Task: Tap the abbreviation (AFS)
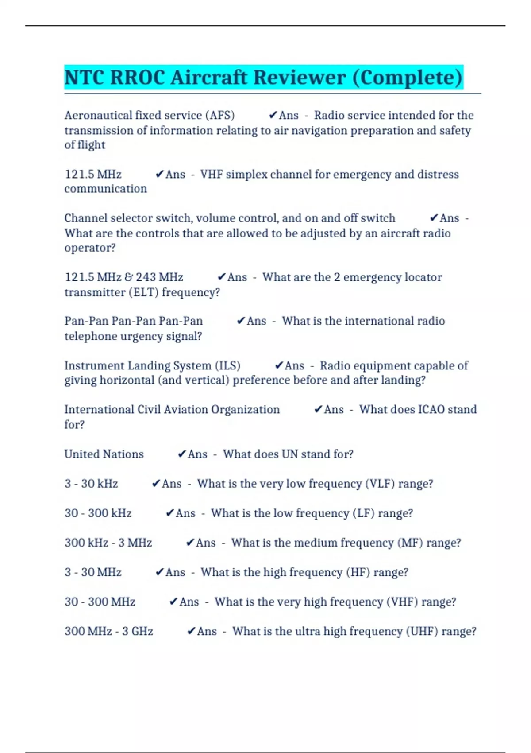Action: click(220, 115)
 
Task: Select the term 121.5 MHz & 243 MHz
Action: click(124, 277)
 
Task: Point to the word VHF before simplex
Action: click(211, 174)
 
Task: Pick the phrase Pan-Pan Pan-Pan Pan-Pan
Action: click(134, 321)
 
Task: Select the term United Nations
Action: click(104, 454)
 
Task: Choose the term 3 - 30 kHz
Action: click(91, 484)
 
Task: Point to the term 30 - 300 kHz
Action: click(98, 513)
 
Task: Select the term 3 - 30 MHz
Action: click(93, 572)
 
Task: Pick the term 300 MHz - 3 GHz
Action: click(109, 631)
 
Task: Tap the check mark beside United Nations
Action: click(182, 454)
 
